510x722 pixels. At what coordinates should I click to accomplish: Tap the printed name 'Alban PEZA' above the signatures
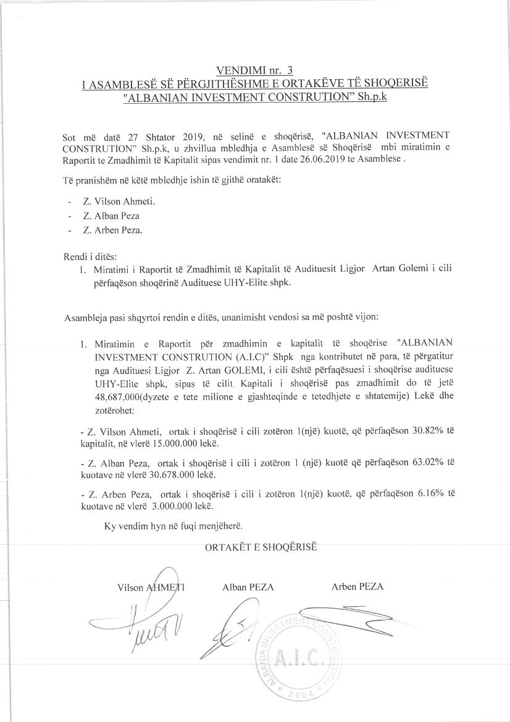[248, 587]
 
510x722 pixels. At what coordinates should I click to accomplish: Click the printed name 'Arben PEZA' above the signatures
[357, 587]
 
